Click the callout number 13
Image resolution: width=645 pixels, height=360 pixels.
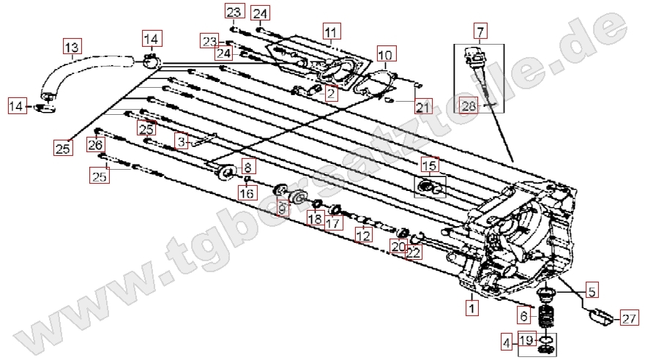point(72,49)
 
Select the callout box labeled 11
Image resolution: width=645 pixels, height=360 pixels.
point(331,31)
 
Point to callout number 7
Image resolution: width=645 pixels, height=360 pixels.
point(480,31)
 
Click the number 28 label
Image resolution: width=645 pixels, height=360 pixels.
point(469,108)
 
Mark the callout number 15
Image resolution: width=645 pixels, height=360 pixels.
point(428,166)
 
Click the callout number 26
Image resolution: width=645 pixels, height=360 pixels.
point(96,145)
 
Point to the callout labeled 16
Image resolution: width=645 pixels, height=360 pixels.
point(247,193)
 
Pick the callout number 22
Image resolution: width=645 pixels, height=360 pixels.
point(413,252)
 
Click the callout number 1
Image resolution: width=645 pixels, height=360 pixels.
point(472,309)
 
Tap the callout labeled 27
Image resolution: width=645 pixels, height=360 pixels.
point(629,318)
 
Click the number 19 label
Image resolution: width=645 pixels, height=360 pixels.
point(527,340)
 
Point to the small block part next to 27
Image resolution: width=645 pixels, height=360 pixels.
point(599,317)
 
